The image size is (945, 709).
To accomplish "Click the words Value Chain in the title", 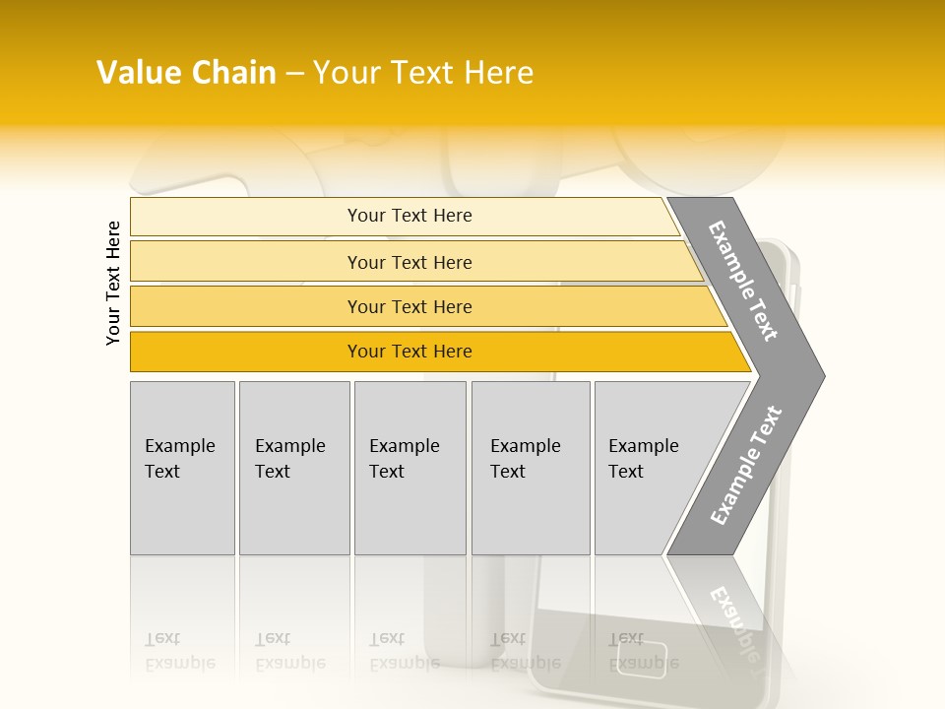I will [x=186, y=73].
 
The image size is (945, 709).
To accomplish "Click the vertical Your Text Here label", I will [x=113, y=283].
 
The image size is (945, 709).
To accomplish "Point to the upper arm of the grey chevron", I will [x=744, y=280].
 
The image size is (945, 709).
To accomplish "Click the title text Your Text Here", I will [x=423, y=73].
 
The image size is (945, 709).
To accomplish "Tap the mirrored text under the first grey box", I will [x=180, y=651].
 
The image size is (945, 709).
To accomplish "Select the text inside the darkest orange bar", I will [x=409, y=352].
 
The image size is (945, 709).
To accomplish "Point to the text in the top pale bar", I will [x=409, y=216].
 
